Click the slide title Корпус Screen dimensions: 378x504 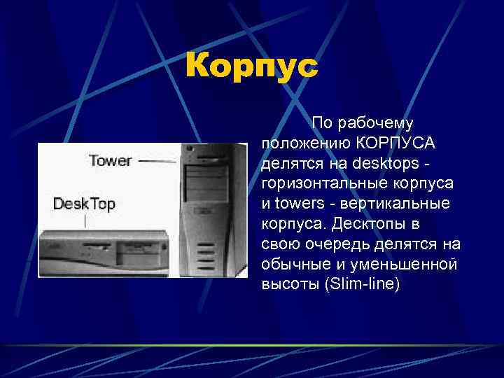coord(251,68)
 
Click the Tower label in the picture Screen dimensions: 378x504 coord(110,160)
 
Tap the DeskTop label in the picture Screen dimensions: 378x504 coord(84,204)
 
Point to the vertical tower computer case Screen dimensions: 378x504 coord(213,210)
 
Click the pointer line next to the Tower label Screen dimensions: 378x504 coord(157,161)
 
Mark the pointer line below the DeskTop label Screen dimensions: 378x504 coord(85,221)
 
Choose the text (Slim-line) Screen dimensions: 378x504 coord(359,285)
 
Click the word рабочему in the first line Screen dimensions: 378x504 coord(376,123)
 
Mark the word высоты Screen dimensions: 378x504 coord(286,285)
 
